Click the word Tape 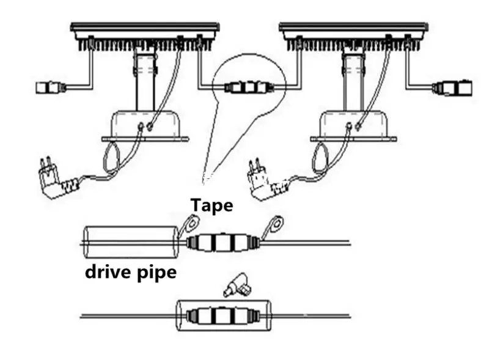pos(211,205)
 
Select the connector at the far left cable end pos(51,87)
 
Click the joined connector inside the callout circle pos(249,87)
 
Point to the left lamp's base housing pos(146,124)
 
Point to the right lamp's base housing pos(354,124)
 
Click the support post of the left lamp pos(145,82)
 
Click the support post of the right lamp pos(354,82)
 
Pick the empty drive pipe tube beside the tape pos(131,243)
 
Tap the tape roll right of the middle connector pos(273,226)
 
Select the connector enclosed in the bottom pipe pos(223,316)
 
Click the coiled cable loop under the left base pos(111,158)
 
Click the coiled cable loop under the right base pos(320,158)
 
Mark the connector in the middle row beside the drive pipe pos(223,243)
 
